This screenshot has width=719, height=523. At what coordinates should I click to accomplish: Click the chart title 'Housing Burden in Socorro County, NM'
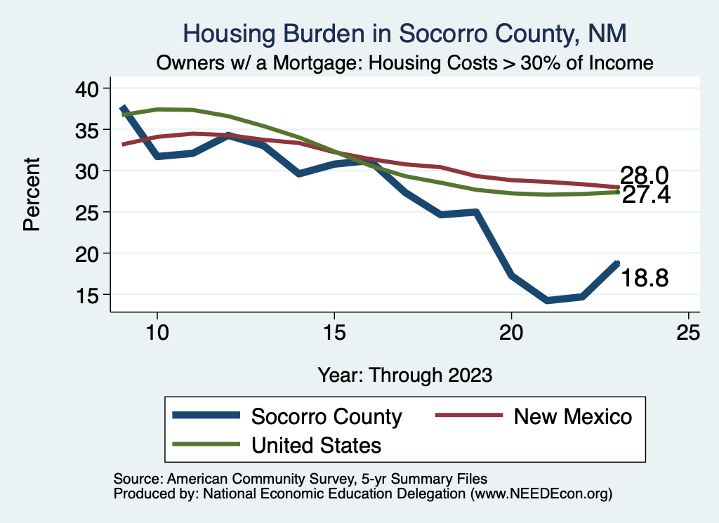[404, 33]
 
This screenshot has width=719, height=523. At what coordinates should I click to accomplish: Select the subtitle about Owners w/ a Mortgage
[405, 63]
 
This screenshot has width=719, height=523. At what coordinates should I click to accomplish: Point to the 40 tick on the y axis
[90, 88]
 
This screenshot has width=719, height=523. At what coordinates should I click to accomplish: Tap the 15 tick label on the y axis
[90, 295]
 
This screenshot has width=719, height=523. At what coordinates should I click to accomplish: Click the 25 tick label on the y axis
[90, 212]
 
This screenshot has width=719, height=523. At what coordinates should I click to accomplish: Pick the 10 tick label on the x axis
[157, 333]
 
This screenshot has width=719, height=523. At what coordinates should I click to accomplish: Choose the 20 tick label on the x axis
[511, 333]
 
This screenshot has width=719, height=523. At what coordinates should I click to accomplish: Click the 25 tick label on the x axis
[688, 333]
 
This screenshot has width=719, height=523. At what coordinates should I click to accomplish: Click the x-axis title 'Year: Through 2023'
[404, 374]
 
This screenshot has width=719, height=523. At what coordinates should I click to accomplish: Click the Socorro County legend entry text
[326, 416]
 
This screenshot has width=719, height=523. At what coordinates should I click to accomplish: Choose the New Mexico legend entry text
[573, 416]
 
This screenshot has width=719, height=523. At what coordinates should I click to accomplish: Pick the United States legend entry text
[316, 444]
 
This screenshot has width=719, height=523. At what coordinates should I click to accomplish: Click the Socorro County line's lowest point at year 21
[547, 300]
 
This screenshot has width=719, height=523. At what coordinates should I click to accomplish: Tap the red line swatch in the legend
[469, 416]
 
